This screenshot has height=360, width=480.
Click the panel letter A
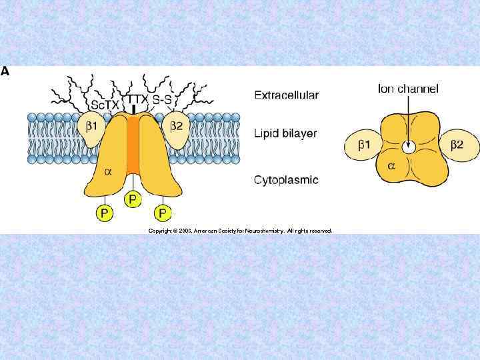(5, 71)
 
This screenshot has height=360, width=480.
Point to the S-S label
(163, 100)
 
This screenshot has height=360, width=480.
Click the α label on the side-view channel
(108, 171)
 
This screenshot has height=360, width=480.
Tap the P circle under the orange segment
(133, 199)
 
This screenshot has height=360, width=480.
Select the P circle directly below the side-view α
(103, 213)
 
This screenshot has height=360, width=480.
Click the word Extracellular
(286, 95)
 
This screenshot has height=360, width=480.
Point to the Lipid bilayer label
(285, 133)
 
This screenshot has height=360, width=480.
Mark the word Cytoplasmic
(286, 180)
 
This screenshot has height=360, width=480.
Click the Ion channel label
(408, 89)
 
